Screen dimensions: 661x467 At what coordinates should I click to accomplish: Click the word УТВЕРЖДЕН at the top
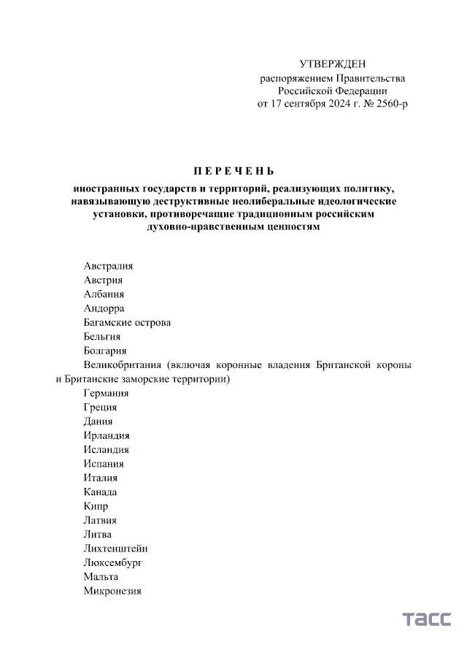pos(333,64)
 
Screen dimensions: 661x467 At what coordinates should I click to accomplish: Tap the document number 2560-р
pos(389,104)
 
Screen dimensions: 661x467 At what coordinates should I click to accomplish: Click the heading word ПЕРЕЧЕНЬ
pos(233,172)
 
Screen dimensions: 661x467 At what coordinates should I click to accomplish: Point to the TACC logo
pos(426,619)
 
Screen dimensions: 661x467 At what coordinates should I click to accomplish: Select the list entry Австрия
pos(103,280)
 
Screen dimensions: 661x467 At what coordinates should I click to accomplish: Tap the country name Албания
pos(104,294)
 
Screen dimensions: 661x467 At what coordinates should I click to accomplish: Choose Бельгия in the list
pos(102,337)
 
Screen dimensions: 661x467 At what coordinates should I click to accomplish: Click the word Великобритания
pos(122,364)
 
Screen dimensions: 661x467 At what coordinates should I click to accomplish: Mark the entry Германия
pos(106,393)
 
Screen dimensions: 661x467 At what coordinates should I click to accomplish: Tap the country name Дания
pos(98,421)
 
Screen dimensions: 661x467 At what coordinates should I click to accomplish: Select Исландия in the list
pos(106,450)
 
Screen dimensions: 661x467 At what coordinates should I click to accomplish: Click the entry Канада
pos(100,492)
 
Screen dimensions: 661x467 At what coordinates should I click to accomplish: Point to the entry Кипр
pos(96,506)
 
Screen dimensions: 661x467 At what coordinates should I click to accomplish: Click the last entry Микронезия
pos(112,591)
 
